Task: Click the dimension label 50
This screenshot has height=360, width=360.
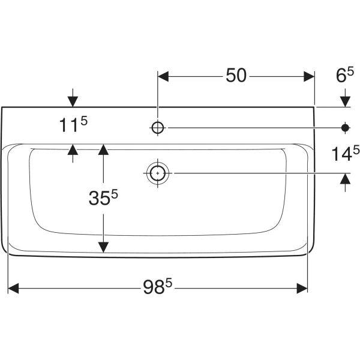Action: (236, 76)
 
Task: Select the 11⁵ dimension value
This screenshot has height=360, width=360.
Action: (73, 125)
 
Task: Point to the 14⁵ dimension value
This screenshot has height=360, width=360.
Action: (344, 154)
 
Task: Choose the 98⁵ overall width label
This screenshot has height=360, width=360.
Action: (157, 289)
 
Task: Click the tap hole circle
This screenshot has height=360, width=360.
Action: (158, 127)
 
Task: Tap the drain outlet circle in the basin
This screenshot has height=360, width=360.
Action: (158, 173)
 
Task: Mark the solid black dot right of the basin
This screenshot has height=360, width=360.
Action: (345, 127)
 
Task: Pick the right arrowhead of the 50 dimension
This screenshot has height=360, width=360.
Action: (308, 76)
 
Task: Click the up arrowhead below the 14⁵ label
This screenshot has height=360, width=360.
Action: (345, 179)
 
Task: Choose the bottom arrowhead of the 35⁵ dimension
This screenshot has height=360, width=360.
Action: (103, 246)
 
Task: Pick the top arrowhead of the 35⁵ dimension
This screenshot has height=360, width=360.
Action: (103, 150)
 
